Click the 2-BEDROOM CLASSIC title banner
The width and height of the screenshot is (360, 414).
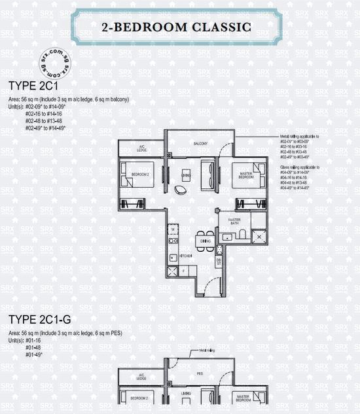(177, 27)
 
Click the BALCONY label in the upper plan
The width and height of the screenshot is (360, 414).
(200, 143)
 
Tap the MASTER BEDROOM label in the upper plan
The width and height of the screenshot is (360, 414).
(245, 175)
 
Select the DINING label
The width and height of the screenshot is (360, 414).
(206, 241)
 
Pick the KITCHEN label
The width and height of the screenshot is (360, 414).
(185, 256)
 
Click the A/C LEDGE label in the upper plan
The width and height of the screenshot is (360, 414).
(141, 147)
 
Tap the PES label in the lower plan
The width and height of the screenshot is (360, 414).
(200, 375)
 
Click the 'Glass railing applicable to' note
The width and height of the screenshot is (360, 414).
(297, 167)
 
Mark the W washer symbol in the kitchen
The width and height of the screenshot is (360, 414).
(172, 230)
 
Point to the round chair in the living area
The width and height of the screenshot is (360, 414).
(180, 190)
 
